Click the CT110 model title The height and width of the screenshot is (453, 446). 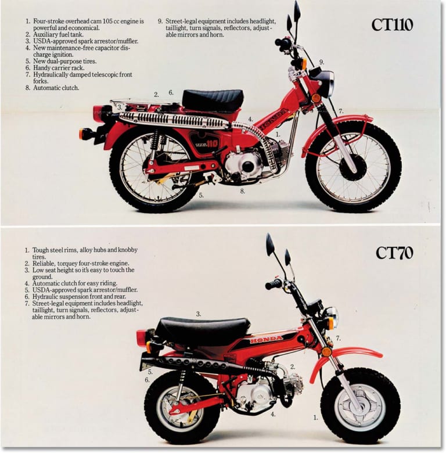(x=393, y=26)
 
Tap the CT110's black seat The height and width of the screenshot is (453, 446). (x=213, y=100)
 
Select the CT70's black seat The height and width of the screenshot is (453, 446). (x=202, y=329)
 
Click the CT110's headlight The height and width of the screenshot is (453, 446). (x=325, y=82)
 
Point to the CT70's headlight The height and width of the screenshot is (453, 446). (x=330, y=318)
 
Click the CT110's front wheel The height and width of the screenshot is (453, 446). (x=353, y=167)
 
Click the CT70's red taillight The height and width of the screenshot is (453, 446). (x=142, y=337)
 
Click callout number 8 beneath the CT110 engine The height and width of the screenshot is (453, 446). (x=242, y=190)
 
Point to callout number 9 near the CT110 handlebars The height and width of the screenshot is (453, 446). (x=321, y=62)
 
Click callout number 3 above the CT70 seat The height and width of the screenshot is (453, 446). (x=198, y=314)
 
